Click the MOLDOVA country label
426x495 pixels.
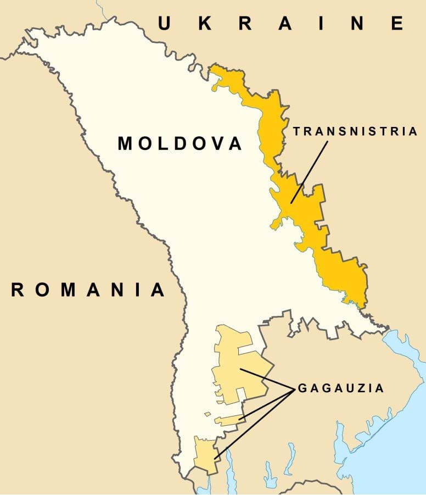click(180, 144)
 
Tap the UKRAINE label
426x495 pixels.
click(281, 23)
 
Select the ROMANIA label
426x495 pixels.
click(88, 290)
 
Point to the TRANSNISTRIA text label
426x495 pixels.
click(355, 131)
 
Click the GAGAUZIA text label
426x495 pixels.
click(340, 388)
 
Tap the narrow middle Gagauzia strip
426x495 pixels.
click(228, 421)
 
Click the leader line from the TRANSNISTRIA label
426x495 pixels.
click(310, 170)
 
